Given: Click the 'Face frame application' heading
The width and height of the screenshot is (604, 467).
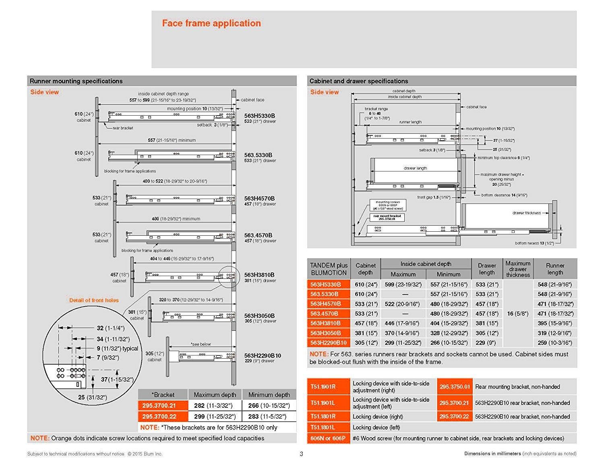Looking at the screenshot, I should pos(211,23).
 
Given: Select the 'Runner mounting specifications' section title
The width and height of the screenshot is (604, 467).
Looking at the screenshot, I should pos(76,81).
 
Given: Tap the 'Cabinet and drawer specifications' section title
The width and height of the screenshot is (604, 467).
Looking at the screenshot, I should pos(359,81).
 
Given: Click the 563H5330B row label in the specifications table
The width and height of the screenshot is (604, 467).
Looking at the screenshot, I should pos(325,284).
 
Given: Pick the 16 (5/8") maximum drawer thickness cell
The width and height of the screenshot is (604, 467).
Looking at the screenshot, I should pos(518,313).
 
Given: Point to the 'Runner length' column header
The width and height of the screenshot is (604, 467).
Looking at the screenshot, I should pos(555,269).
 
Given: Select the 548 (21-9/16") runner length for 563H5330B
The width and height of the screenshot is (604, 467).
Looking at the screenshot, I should pos(555,284).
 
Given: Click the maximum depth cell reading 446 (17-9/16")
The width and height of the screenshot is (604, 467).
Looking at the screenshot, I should pos(401,323).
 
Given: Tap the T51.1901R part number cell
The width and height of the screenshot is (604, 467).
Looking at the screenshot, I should pos(323,387).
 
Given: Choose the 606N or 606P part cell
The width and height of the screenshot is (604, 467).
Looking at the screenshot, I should pos(328,438).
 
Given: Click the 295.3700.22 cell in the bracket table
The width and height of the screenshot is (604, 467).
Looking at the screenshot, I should pos(159,416).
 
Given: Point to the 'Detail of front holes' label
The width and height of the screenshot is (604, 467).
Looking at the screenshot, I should pos(94,300).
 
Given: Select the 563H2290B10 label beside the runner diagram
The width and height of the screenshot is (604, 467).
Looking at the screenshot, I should pos(263,355).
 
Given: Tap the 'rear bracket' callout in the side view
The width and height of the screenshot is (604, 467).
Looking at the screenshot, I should pos(123,128).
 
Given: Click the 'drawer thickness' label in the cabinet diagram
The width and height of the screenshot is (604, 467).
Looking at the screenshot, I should pos(527,213).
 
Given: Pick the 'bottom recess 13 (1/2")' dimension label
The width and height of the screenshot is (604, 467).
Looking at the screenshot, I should pos(534,243).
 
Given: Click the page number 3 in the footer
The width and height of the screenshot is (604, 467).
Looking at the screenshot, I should pos(302,454).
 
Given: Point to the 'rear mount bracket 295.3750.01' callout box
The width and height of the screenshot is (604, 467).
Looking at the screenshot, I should pos(387,217).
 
